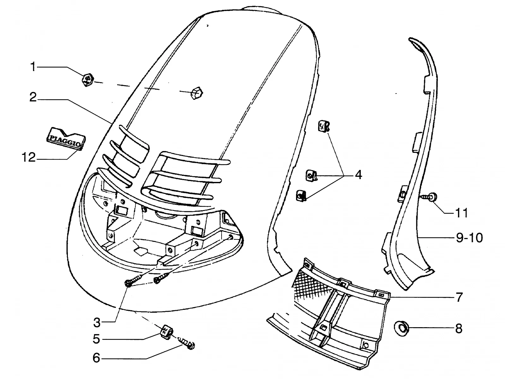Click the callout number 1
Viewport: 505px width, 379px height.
tap(33, 67)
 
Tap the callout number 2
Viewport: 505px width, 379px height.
tap(33, 97)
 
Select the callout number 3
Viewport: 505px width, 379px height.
tap(97, 322)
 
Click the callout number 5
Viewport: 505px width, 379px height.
tap(96, 339)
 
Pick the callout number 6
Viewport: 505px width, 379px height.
tap(96, 358)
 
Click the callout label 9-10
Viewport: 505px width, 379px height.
tap(469, 238)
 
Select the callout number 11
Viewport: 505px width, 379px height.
tap(461, 213)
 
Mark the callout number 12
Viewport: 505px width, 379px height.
tap(29, 158)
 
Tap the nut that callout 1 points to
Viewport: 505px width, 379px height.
tap(88, 80)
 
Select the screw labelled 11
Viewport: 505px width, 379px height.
tap(429, 197)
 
